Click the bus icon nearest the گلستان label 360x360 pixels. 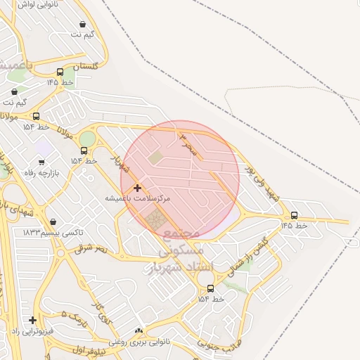pyautogui.click(x=60, y=72)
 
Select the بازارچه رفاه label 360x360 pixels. pyautogui.click(x=41, y=173)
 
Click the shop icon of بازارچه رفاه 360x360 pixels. pyautogui.click(x=41, y=162)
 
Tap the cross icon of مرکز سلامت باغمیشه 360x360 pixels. pyautogui.click(x=137, y=188)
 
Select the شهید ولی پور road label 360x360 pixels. pyautogui.click(x=262, y=184)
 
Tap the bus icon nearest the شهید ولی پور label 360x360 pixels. pyautogui.click(x=294, y=215)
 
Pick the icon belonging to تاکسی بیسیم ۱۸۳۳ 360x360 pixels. pyautogui.click(x=53, y=221)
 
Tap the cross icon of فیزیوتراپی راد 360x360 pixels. pyautogui.click(x=32, y=320)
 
